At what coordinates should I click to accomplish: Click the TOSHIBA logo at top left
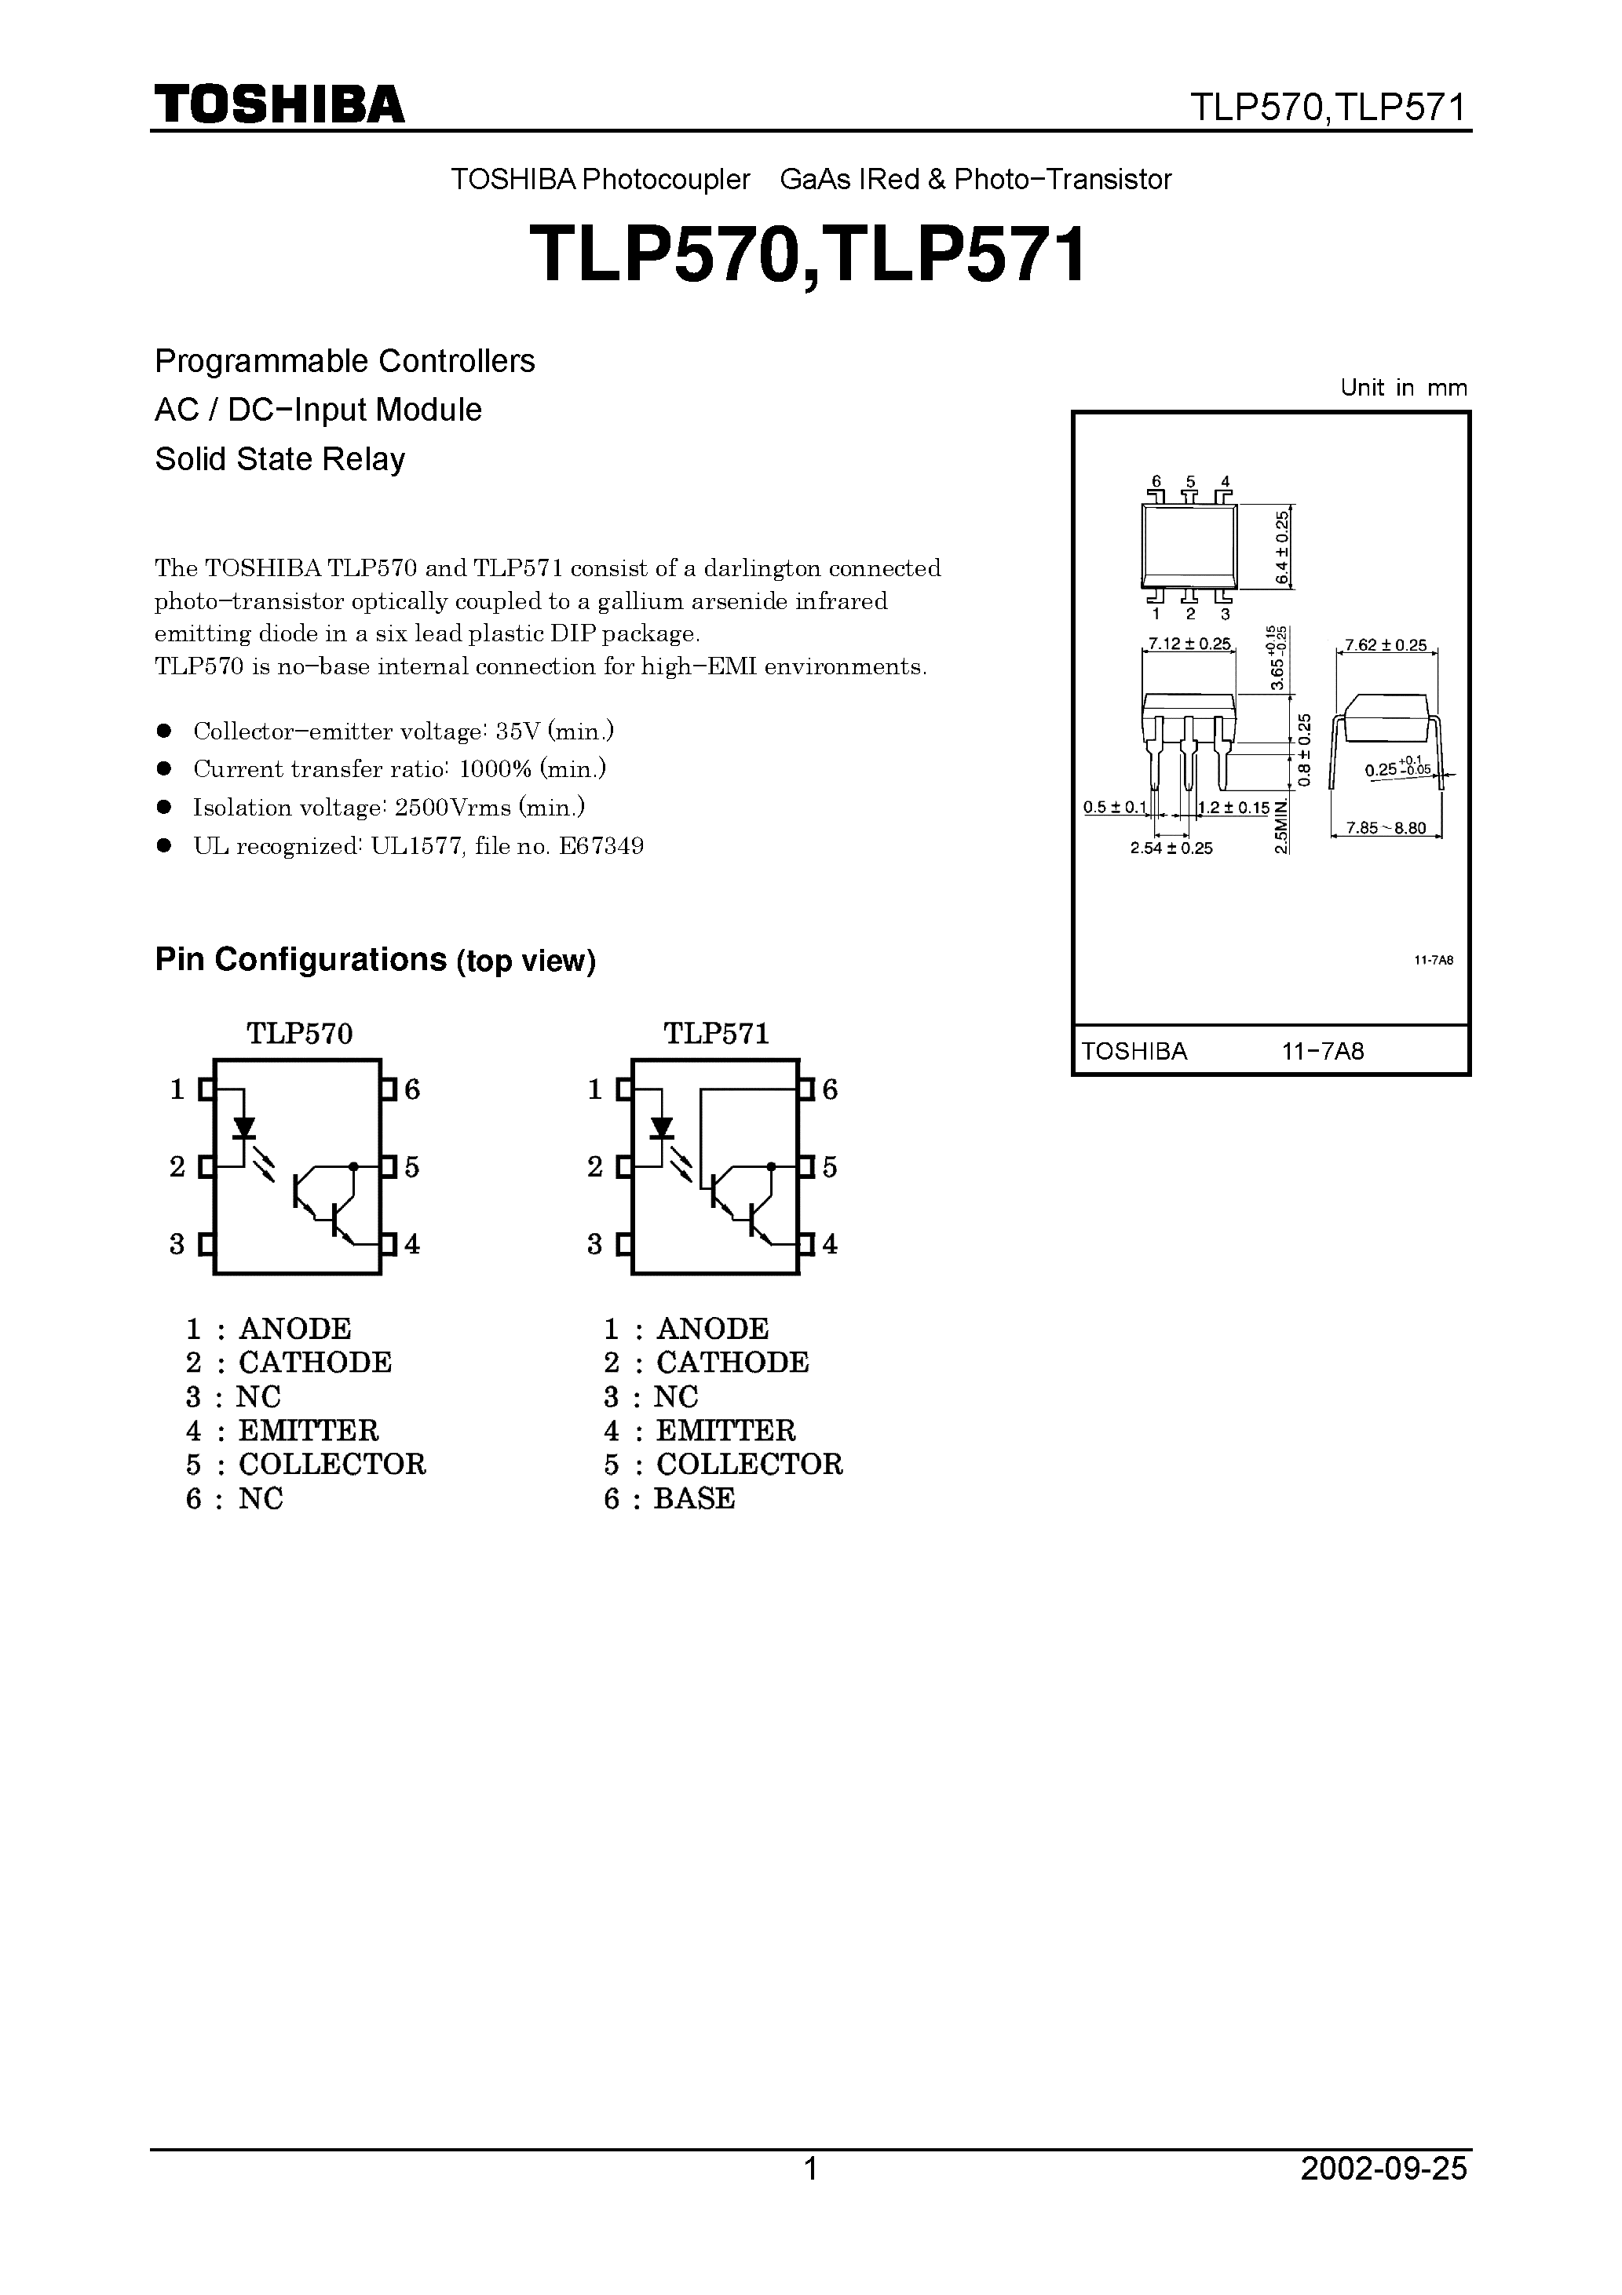pyautogui.click(x=279, y=104)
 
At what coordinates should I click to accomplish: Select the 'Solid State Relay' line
pyautogui.click(x=280, y=459)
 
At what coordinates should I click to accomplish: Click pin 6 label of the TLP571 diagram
pyautogui.click(x=829, y=1089)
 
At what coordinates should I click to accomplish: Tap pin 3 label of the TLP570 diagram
pyautogui.click(x=177, y=1245)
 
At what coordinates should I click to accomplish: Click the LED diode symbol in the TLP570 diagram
pyautogui.click(x=243, y=1129)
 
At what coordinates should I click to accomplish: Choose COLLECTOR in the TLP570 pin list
pyautogui.click(x=332, y=1465)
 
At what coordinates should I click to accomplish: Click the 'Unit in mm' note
pyautogui.click(x=1403, y=388)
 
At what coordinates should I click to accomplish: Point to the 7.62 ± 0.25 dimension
pyautogui.click(x=1385, y=646)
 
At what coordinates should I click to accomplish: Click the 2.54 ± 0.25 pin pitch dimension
pyautogui.click(x=1171, y=848)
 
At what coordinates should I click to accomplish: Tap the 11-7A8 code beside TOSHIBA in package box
pyautogui.click(x=1323, y=1052)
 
